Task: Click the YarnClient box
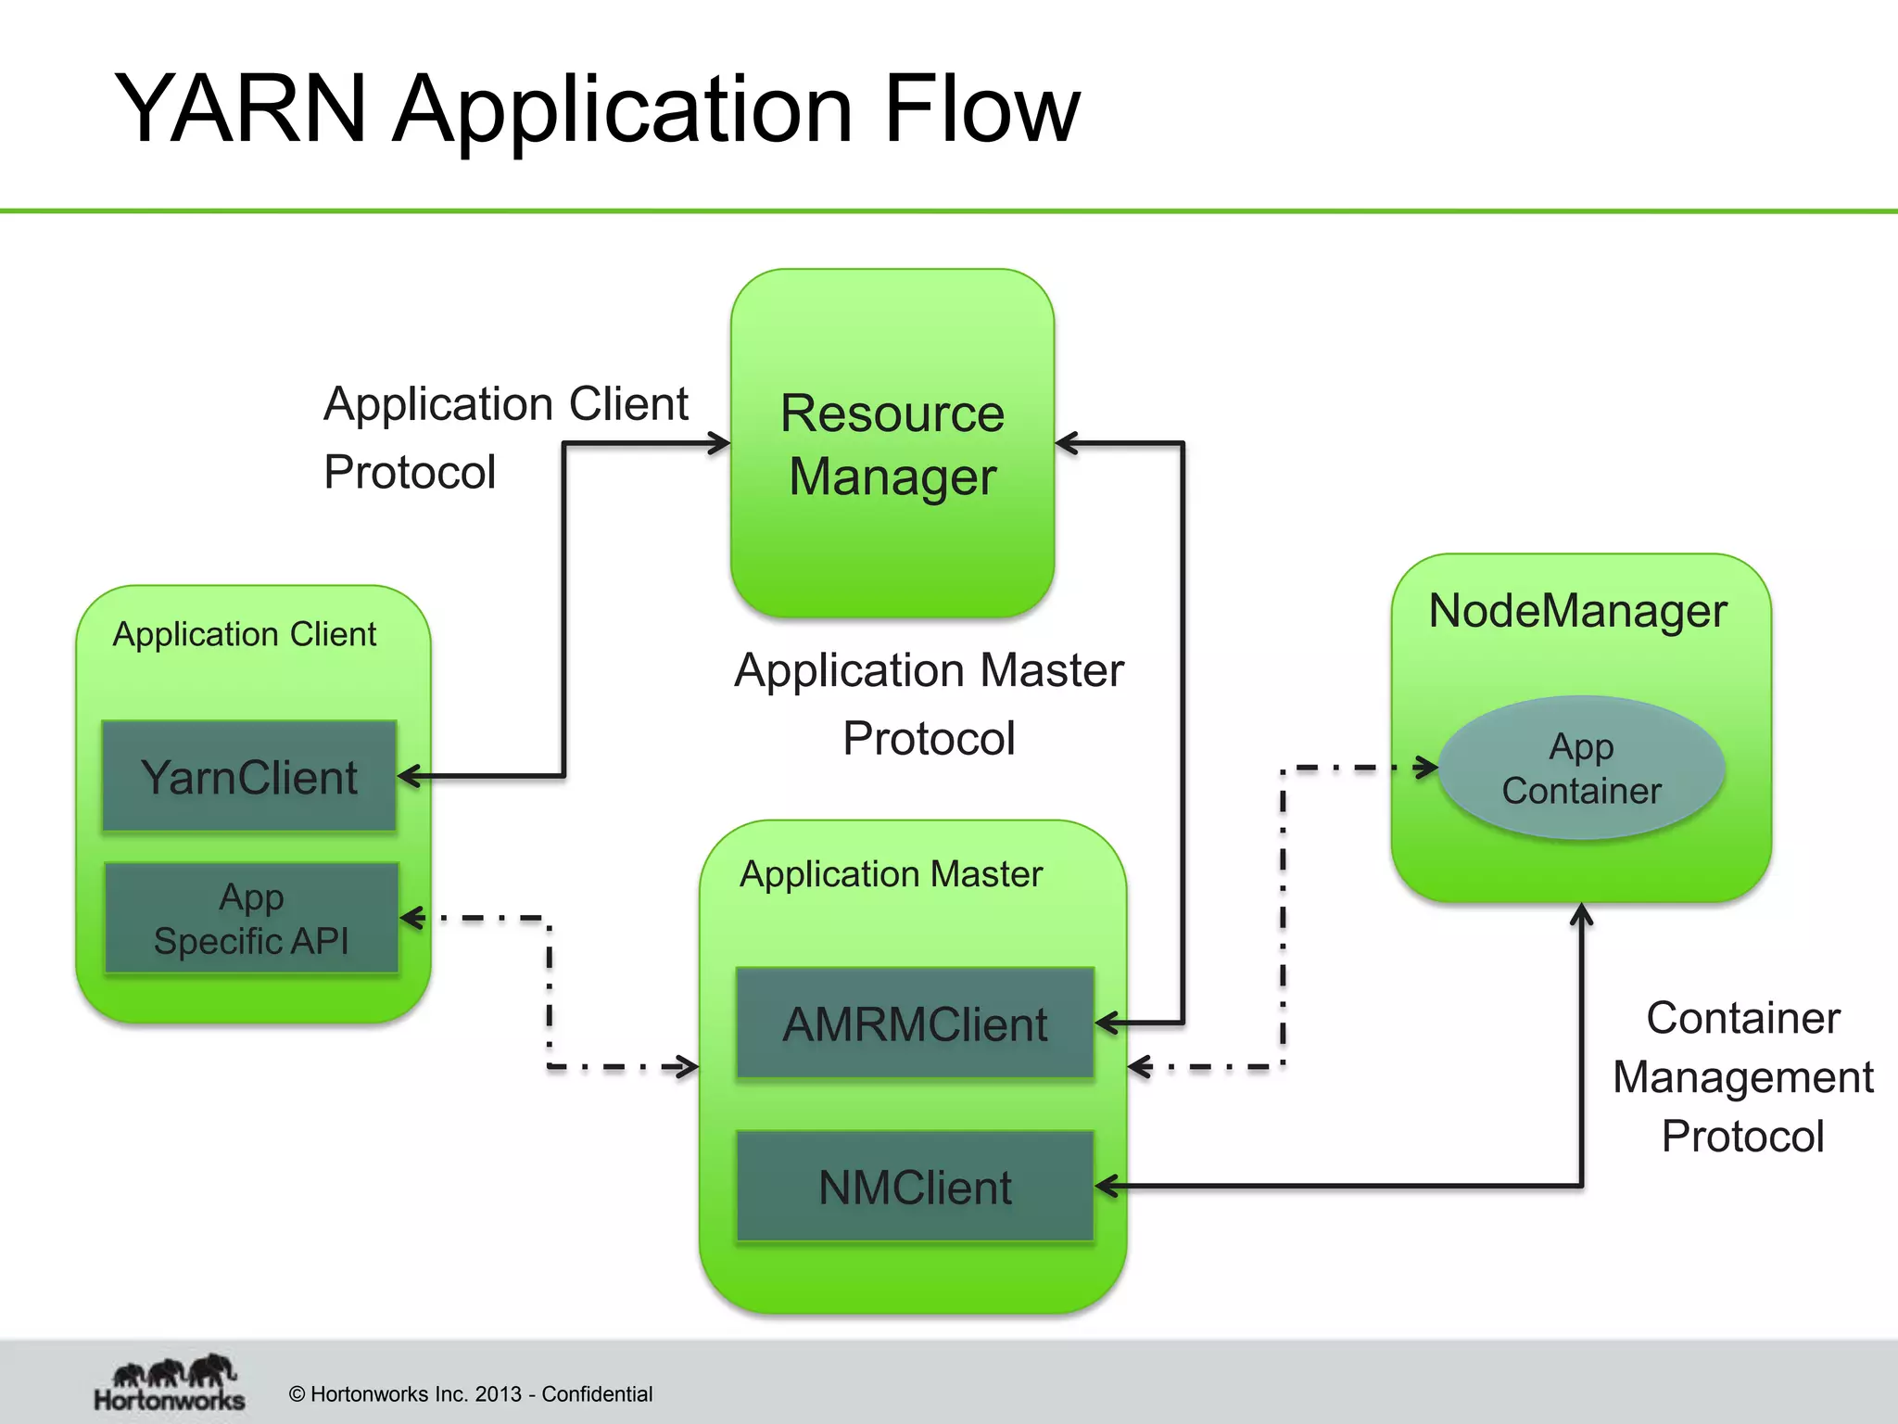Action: (249, 776)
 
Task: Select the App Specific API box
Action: (251, 918)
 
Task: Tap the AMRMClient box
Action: (915, 1023)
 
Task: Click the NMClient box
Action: (915, 1187)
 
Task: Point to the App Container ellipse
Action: (1581, 768)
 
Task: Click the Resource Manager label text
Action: (892, 445)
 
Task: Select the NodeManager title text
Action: (1577, 611)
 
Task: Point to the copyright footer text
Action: (471, 1393)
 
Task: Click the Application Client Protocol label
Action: (505, 438)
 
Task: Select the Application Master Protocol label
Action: (929, 704)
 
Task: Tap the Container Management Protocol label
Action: (1742, 1076)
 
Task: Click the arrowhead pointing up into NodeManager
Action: (1581, 915)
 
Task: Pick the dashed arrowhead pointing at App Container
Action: (1427, 768)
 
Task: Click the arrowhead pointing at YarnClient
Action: (410, 776)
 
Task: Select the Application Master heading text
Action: (891, 874)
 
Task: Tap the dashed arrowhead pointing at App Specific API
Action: (411, 918)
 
